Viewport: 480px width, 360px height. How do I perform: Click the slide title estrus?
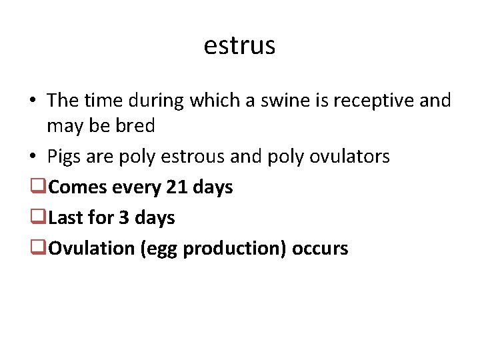click(x=239, y=45)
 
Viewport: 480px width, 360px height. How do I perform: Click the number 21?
click(x=177, y=187)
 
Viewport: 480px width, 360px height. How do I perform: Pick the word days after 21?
click(x=213, y=187)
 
